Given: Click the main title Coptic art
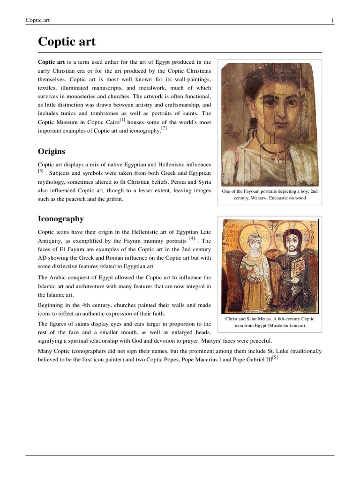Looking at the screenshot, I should click(x=67, y=42).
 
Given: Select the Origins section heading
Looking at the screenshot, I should click(x=51, y=151).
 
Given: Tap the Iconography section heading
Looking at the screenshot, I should click(x=60, y=218).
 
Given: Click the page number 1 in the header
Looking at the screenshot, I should click(x=332, y=20).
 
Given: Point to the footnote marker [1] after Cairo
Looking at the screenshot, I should click(x=122, y=120).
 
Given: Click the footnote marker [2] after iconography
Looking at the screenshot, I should click(x=164, y=128).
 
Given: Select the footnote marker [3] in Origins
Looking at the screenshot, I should click(x=41, y=172).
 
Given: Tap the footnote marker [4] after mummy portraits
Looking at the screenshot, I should click(x=192, y=238).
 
